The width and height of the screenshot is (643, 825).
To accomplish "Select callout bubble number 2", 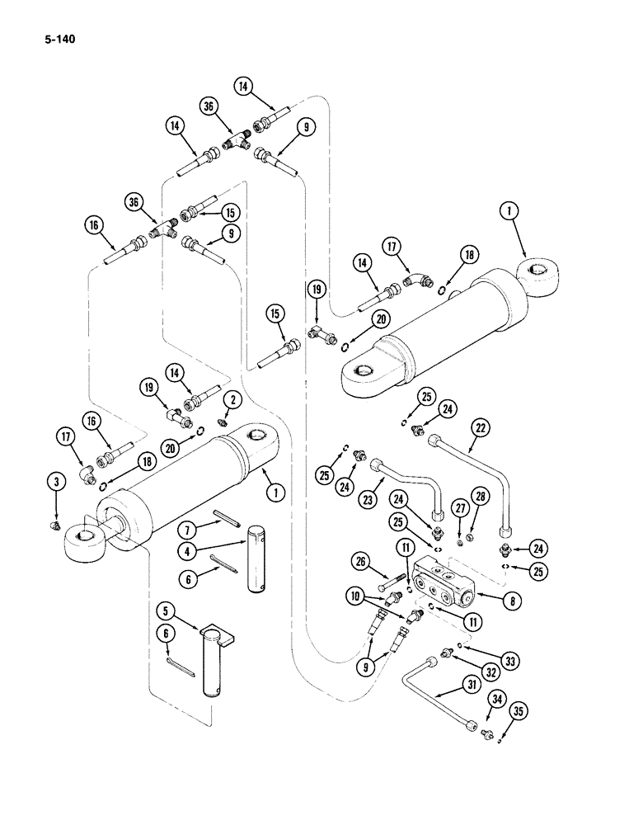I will click(x=232, y=400).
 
